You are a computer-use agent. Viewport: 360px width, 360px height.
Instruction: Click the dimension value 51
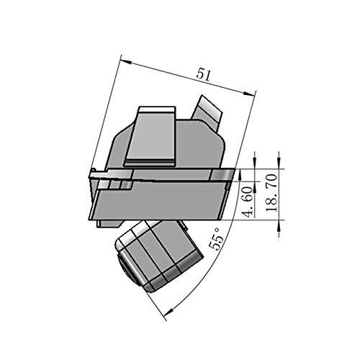pos(203,75)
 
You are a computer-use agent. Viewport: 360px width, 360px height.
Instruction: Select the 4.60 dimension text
pos(248,201)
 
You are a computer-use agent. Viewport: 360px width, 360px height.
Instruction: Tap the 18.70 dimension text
pos(272,193)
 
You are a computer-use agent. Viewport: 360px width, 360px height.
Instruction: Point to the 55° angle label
pos(216,239)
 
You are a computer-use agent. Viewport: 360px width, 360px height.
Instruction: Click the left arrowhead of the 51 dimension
pos(126,61)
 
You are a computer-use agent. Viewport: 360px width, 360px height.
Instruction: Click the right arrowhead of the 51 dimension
pos(249,93)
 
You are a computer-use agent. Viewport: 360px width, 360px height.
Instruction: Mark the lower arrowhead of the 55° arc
pos(168,312)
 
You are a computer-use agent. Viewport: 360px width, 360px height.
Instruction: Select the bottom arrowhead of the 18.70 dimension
pos(279,225)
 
